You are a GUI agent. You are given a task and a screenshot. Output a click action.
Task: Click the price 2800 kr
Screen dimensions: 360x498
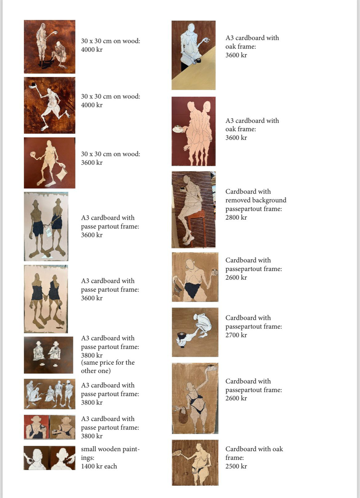click(236, 217)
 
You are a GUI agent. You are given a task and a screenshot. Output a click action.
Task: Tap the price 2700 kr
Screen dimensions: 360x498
click(236, 335)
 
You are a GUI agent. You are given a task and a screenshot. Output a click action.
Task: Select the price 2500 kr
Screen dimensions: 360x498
click(236, 466)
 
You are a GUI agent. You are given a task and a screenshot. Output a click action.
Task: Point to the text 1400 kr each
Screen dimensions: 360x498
click(99, 466)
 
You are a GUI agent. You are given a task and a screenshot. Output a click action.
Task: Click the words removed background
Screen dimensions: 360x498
click(256, 200)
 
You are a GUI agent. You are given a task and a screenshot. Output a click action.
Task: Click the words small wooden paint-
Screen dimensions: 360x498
click(110, 449)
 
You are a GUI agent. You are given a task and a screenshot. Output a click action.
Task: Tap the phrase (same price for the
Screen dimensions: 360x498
click(108, 363)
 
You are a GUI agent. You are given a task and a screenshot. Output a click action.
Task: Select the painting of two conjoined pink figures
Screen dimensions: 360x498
click(193, 131)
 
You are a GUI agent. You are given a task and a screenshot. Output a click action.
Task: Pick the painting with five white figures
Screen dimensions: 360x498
click(49, 394)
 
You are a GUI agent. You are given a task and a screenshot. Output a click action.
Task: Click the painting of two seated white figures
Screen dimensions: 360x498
click(49, 355)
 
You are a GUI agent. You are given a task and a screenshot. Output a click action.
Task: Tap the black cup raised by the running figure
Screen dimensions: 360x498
click(33, 85)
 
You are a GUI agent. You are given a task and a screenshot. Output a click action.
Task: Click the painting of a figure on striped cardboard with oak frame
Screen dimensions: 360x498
click(195, 463)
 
